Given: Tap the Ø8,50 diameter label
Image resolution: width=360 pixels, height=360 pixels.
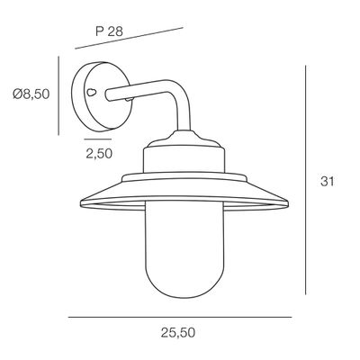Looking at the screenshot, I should [x=30, y=94].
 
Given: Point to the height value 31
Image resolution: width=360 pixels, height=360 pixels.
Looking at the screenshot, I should [x=330, y=182].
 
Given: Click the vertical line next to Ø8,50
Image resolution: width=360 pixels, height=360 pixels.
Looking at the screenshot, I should [x=58, y=94].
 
